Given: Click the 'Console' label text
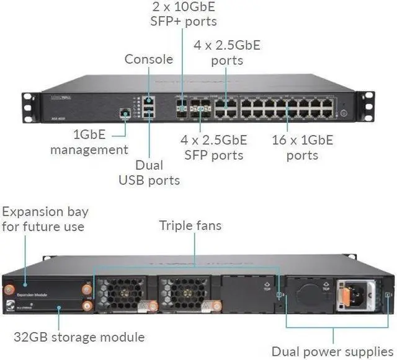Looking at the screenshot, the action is coord(149,59).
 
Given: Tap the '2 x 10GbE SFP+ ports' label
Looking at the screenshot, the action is coord(184,14).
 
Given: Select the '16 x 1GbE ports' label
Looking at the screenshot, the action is coord(302,146).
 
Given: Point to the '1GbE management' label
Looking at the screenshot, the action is coord(89,142).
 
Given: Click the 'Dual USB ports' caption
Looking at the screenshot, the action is coord(149,173).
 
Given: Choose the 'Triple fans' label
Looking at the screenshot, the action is coord(190,226).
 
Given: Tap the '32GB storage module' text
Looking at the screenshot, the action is coord(79,337).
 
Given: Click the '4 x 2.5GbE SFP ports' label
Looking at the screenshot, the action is coord(214,147).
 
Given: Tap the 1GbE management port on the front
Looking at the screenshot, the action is coord(125,113).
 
